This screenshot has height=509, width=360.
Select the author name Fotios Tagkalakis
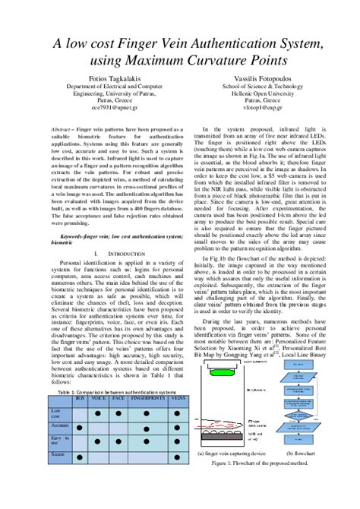coord(111,78)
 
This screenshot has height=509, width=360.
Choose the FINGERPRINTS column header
coord(147,397)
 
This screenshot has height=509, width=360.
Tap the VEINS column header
coord(178,397)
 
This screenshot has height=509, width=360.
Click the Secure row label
coord(58,454)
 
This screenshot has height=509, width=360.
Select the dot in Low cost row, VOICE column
coord(99,413)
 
